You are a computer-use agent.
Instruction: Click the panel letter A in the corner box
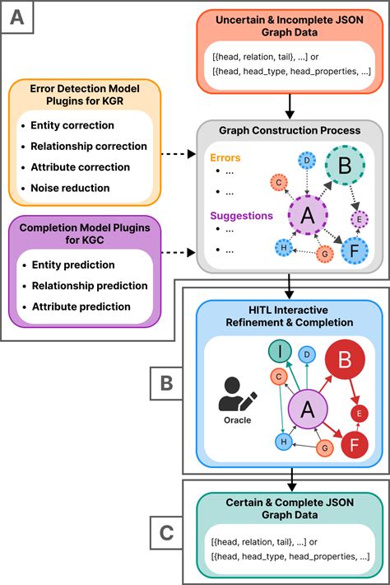pos(17,17)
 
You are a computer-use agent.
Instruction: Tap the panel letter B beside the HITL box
pos(166,383)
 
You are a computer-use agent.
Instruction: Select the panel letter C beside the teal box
pos(166,533)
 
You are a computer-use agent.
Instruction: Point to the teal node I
pos(280,351)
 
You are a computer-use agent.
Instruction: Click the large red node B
pos(345,359)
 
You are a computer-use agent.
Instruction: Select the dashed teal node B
pos(345,166)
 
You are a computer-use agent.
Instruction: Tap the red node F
pos(355,445)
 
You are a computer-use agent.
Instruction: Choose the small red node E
pos(359,414)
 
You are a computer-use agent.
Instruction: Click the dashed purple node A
pos(308,215)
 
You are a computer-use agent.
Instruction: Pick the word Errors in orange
pos(225,158)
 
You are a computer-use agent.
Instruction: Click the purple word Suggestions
pos(241,216)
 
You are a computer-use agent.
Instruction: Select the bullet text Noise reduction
pos(70,188)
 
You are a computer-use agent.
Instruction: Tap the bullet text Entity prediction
pos(73,264)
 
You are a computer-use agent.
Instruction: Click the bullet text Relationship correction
pos(89,146)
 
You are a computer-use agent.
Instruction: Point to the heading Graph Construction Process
pos(290,130)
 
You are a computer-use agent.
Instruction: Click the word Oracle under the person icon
pos(237,420)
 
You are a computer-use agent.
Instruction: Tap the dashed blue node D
pos(307,161)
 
